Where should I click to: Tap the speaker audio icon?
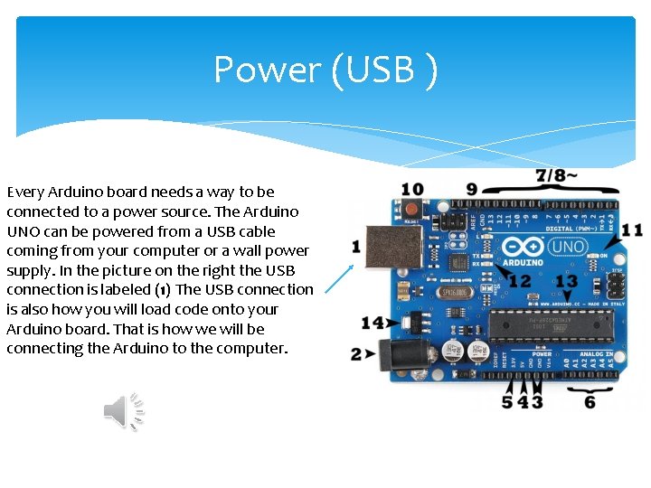click(x=124, y=412)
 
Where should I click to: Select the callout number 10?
click(x=411, y=190)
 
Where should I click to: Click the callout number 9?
click(x=472, y=189)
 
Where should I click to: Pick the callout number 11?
click(x=632, y=230)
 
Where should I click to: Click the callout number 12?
click(x=520, y=281)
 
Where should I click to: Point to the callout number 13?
click(x=565, y=282)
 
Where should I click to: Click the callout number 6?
click(x=590, y=401)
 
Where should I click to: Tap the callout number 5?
click(x=507, y=401)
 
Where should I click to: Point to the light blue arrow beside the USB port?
click(x=339, y=279)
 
